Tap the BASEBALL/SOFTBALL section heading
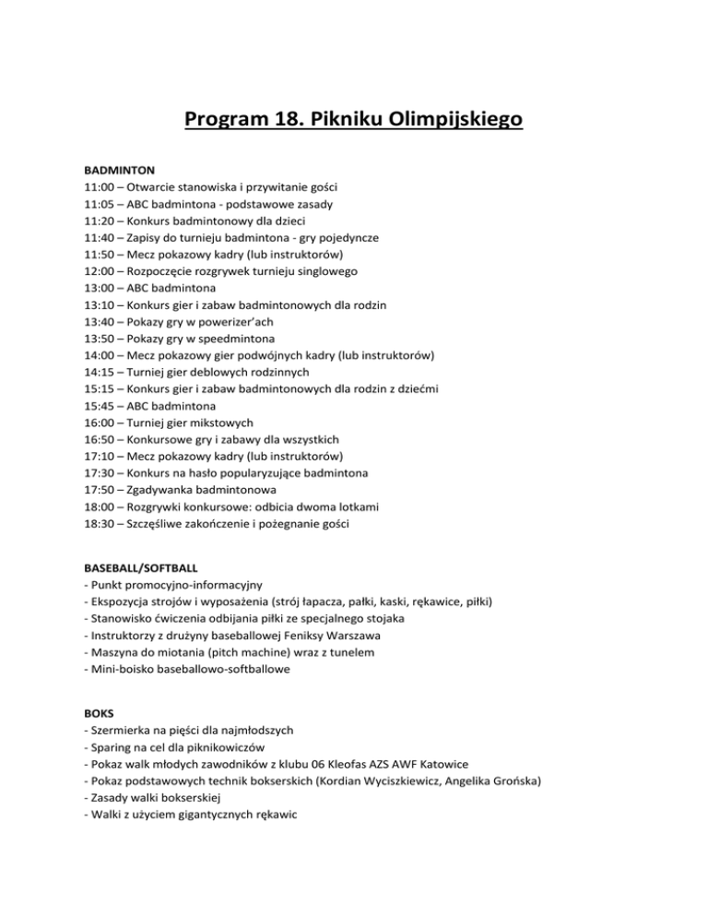click(146, 568)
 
